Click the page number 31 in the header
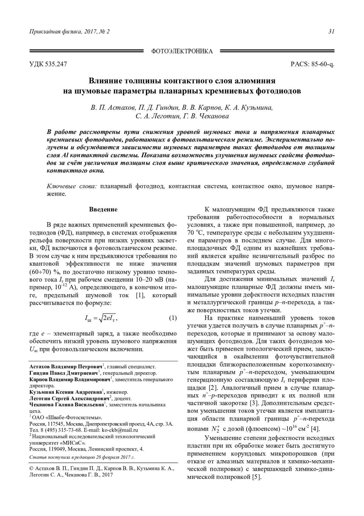(x=331, y=32)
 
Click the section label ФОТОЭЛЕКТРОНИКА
(x=182, y=51)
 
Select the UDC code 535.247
(x=56, y=64)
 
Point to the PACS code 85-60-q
(x=322, y=64)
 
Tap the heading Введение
(x=103, y=210)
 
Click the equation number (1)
(x=172, y=318)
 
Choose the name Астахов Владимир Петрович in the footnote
(x=66, y=366)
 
